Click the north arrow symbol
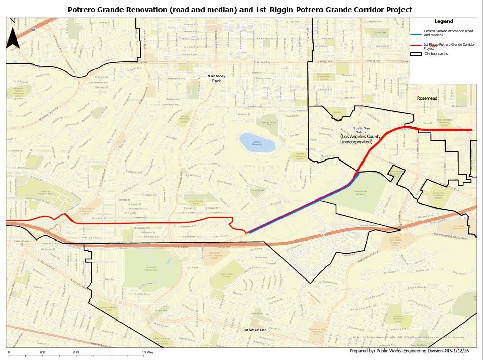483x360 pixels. (x=13, y=36)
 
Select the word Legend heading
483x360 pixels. (x=444, y=21)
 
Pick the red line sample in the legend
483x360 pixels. (x=416, y=46)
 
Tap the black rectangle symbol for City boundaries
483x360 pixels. (x=416, y=53)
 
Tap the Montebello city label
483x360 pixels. (x=256, y=330)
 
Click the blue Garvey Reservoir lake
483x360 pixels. (x=258, y=142)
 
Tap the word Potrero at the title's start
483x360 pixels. (x=82, y=10)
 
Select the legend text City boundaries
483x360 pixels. (x=436, y=53)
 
